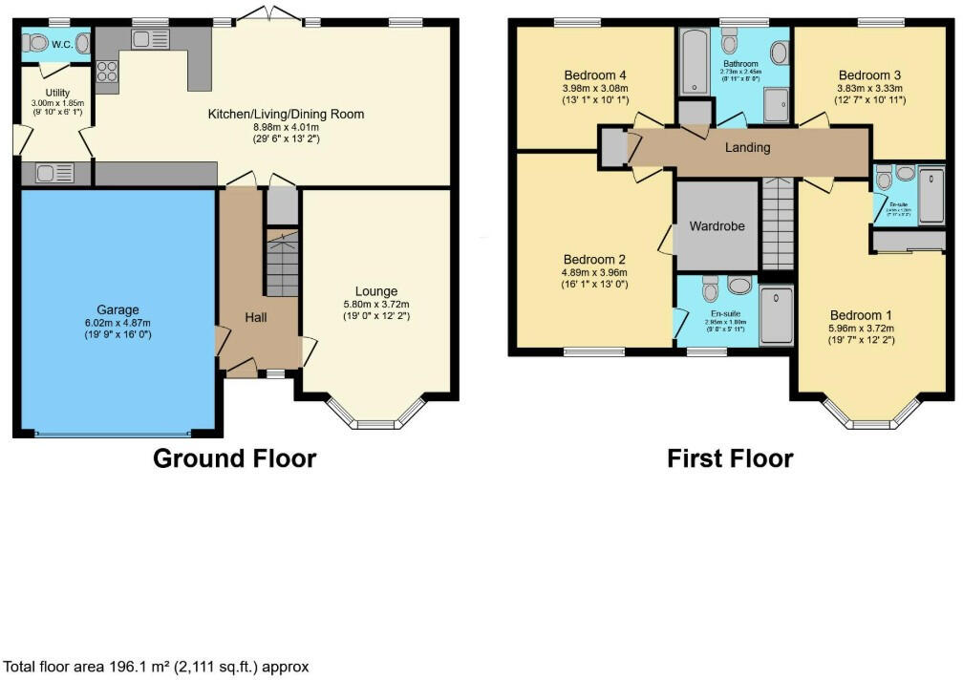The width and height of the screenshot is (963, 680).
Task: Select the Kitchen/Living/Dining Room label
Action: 286,115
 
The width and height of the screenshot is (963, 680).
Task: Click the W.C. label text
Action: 63,44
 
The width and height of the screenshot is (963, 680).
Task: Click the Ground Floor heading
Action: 234,458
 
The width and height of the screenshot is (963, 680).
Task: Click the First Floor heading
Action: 730,458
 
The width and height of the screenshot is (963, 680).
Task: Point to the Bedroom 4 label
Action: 595,75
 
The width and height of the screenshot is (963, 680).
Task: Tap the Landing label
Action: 747,148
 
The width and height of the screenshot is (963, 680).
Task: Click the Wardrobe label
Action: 717,226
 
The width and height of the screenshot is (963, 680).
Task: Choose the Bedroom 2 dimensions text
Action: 595,278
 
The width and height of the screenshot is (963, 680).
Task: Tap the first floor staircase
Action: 778,223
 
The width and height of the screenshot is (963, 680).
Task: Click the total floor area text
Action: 157,667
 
